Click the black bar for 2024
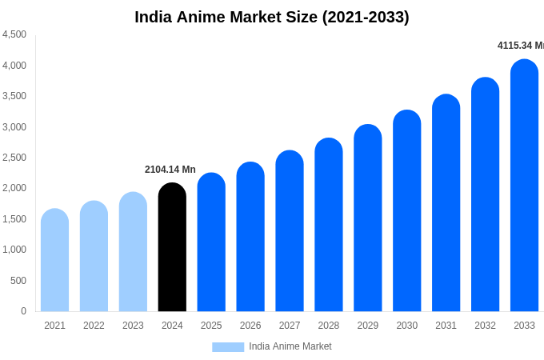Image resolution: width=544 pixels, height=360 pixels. (172, 248)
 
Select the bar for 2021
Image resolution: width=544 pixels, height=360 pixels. (54, 261)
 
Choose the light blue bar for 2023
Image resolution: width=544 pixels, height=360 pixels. (133, 252)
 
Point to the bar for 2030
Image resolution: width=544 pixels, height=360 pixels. (406, 211)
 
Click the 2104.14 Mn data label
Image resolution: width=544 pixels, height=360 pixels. (170, 170)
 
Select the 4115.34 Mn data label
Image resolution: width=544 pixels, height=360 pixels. (520, 46)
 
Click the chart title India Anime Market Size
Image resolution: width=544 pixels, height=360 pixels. (272, 17)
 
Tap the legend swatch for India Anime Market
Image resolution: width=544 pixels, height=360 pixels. (228, 347)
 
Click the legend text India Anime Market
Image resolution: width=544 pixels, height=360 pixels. (290, 346)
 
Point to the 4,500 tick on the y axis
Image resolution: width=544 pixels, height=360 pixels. (14, 34)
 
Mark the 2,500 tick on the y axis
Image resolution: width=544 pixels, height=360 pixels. (14, 158)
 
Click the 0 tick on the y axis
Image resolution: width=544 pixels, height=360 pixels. (23, 311)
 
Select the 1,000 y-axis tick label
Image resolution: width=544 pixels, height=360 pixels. (14, 250)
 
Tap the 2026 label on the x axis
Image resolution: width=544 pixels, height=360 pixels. (250, 326)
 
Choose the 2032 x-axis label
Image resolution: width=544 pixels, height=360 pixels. (485, 326)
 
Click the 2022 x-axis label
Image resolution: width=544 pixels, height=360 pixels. (94, 326)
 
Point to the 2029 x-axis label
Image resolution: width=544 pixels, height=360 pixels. (368, 326)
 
